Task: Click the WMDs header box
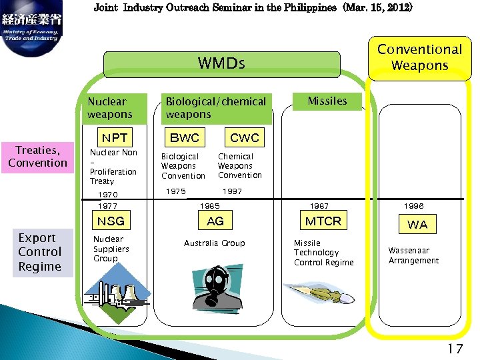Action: click(x=221, y=64)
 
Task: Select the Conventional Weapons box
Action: click(x=419, y=57)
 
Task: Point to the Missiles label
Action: click(x=327, y=101)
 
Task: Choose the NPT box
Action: click(x=114, y=138)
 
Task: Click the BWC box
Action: click(x=185, y=138)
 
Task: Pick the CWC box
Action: click(x=244, y=138)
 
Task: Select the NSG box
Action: click(x=111, y=221)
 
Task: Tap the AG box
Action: click(x=215, y=221)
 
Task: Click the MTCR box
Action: click(x=323, y=221)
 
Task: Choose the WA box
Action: click(x=417, y=225)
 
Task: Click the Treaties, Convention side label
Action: click(x=38, y=157)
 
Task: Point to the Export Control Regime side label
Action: click(x=40, y=252)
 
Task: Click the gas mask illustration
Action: click(x=215, y=287)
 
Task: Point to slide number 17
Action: click(x=455, y=348)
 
